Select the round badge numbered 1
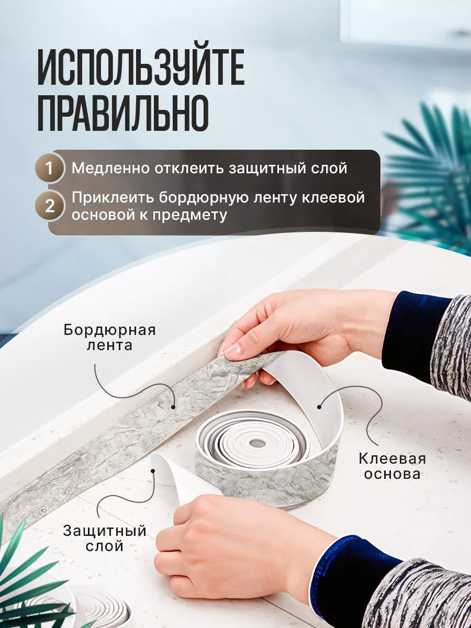pos(50,169)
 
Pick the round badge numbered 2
pos(50,206)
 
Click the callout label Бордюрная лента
pos(110,338)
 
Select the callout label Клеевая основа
pos(392,466)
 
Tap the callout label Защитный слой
pos(104,539)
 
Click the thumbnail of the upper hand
pos(233,351)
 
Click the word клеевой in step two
pos(338,198)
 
